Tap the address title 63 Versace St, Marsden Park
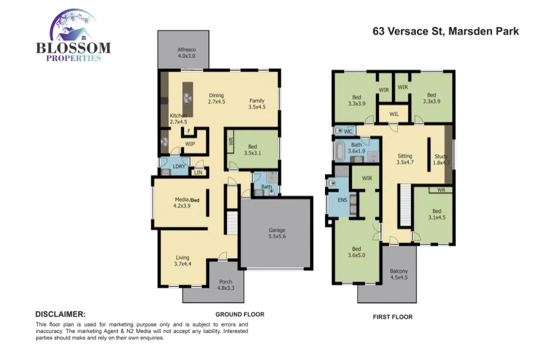[445, 31]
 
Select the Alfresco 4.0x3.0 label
[186, 52]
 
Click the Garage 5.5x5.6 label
[276, 233]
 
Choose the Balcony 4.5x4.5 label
[399, 275]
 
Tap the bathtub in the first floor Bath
[340, 151]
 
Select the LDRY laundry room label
[178, 166]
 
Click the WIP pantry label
[190, 143]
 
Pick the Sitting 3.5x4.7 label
[404, 159]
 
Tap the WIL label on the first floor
[394, 114]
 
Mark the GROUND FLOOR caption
[240, 314]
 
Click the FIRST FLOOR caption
[393, 317]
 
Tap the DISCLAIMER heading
[60, 314]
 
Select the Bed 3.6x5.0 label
[356, 252]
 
